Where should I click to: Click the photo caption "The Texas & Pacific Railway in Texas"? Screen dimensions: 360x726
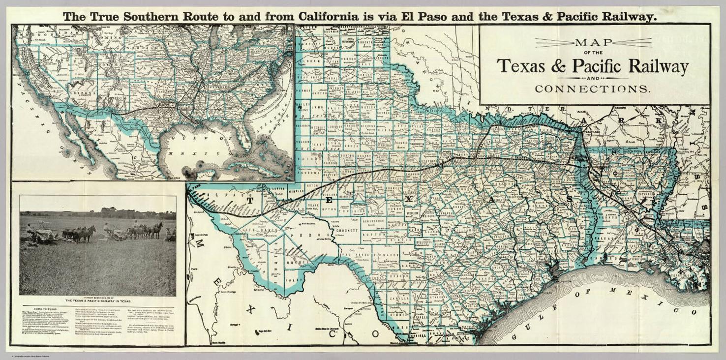pyautogui.click(x=98, y=301)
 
